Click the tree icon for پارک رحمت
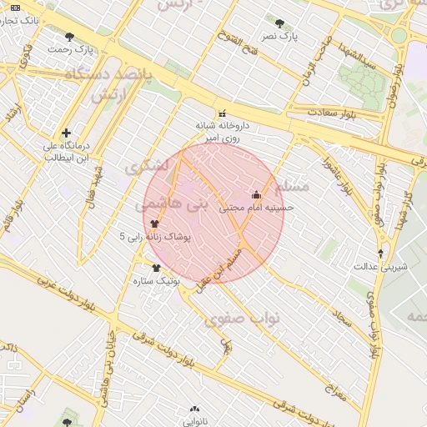click(x=69, y=37)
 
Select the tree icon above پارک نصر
click(x=279, y=23)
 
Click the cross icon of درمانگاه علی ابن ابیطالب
click(x=66, y=133)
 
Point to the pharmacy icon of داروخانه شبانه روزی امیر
click(x=222, y=114)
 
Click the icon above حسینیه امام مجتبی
click(x=256, y=195)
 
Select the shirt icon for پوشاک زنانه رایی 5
click(x=154, y=224)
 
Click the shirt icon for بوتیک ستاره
click(x=156, y=268)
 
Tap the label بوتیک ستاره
click(x=156, y=281)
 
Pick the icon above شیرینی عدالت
click(x=381, y=254)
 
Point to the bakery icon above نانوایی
click(x=195, y=409)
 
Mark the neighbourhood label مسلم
click(x=291, y=183)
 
